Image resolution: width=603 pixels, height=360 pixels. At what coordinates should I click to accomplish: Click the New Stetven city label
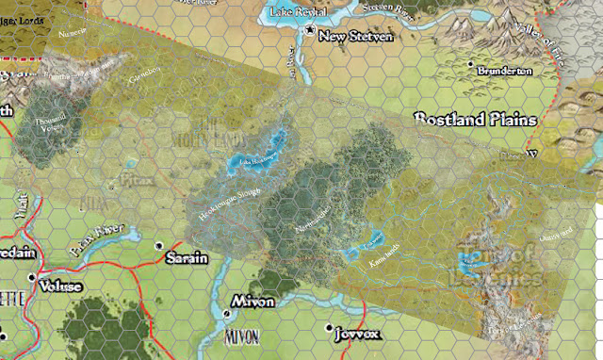click(x=354, y=38)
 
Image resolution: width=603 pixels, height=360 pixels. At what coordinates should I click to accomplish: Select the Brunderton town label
click(x=506, y=70)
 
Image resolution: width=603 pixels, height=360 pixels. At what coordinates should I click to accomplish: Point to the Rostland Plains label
click(x=476, y=120)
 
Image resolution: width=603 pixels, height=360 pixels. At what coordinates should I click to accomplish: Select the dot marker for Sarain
click(x=158, y=247)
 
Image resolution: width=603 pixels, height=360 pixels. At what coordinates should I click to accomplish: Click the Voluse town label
click(x=61, y=286)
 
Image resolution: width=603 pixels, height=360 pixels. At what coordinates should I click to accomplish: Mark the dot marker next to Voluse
click(x=32, y=277)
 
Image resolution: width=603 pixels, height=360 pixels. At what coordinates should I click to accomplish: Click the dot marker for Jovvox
click(x=329, y=328)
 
